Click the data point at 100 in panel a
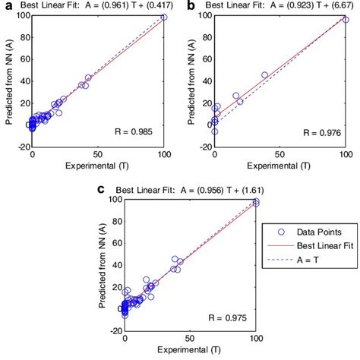(164, 17)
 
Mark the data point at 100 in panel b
(346, 20)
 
